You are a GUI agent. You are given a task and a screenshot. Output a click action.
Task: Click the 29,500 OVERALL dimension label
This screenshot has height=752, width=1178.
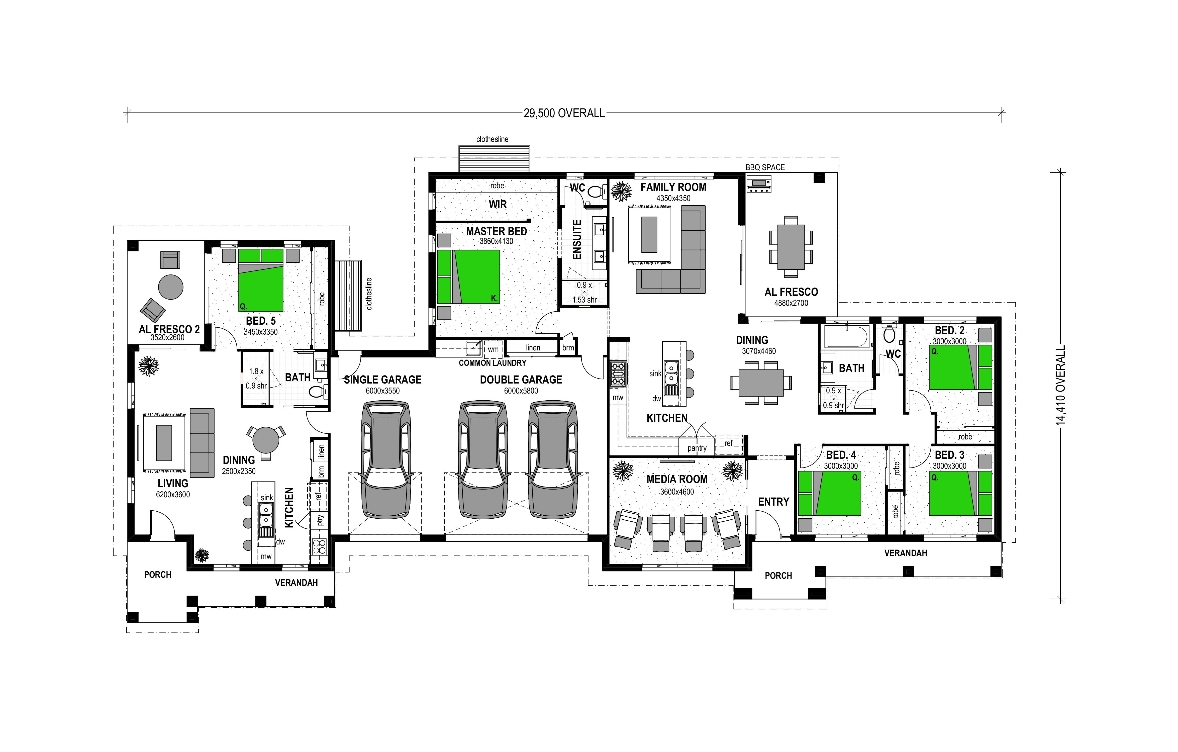click(564, 114)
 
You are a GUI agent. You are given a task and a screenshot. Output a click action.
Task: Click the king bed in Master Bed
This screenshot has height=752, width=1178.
click(468, 276)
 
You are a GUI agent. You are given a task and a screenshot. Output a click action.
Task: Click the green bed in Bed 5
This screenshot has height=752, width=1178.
click(261, 280)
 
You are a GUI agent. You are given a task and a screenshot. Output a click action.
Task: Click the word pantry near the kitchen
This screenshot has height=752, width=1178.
click(697, 448)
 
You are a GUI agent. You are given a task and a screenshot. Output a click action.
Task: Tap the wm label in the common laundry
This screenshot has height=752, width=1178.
click(493, 349)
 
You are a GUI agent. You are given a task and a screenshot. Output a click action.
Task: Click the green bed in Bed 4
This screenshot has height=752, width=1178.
click(829, 493)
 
